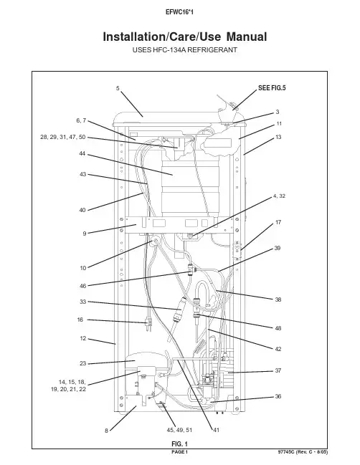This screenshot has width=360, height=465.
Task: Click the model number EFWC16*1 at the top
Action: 179,12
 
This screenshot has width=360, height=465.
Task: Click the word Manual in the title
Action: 247,37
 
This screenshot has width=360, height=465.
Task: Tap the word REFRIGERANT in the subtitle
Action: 212,50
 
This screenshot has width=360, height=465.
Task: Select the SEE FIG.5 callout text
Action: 272,88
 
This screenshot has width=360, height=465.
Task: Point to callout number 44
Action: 82,153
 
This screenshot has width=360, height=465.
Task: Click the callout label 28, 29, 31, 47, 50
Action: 63,137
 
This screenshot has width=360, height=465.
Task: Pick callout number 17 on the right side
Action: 278,222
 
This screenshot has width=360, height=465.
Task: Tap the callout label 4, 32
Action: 279,196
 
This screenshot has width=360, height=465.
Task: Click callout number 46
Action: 82,286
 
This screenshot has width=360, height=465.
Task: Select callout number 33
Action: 82,302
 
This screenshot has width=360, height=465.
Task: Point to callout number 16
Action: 80,320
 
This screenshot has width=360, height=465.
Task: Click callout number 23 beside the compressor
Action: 82,363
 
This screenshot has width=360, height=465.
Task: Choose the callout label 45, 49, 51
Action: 179,430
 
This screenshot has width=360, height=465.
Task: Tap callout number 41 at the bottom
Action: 216,430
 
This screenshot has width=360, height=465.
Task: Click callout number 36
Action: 278,396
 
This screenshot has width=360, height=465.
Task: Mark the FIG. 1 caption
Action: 179,444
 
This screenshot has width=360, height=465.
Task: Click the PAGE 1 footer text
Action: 179,452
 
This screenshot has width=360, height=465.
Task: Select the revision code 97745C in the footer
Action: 285,452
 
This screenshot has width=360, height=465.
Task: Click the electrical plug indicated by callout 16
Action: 148,324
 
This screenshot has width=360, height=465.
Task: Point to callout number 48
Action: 278,328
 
